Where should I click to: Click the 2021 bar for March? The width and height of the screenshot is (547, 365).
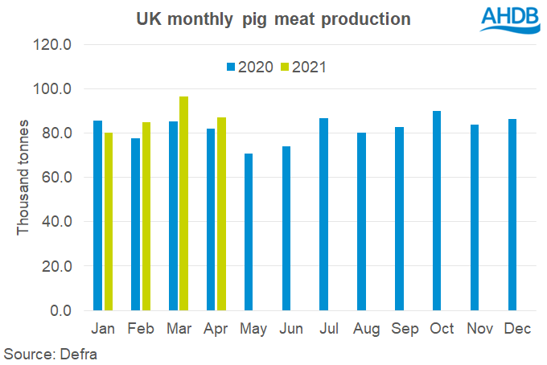(x=183, y=203)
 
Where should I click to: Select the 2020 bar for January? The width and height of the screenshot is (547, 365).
(x=98, y=215)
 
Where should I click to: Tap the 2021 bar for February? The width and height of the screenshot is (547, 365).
(x=146, y=216)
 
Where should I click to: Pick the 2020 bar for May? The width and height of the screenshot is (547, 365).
(x=249, y=232)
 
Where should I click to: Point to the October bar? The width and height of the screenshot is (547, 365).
(x=437, y=211)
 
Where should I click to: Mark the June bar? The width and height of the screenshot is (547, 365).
(x=286, y=228)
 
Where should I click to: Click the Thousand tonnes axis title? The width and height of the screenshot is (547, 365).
(x=24, y=178)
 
